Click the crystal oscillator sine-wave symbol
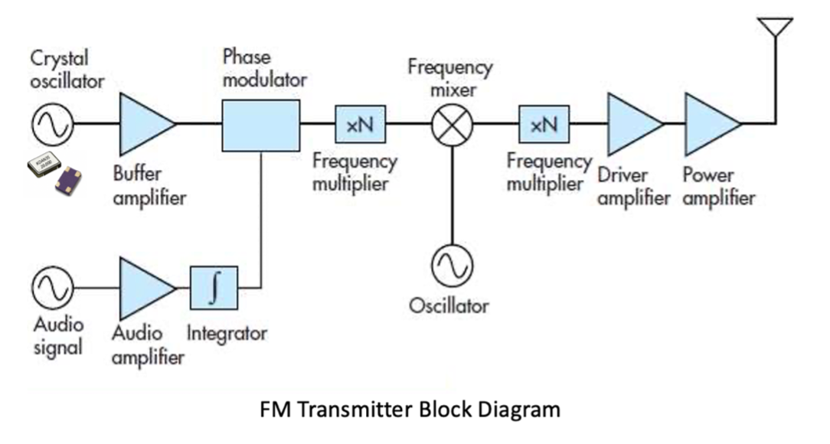pos(52,123)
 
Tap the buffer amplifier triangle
pos(143,123)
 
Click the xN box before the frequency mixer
pos(360,124)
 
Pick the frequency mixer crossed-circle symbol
pos(453,125)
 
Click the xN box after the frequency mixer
pos(544,124)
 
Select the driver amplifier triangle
pos(632,124)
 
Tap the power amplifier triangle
pos(709,124)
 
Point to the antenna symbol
pos(775,29)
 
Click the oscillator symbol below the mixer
pos(453,266)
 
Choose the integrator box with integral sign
pos(214,287)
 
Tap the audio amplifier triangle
pos(143,288)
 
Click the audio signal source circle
pos(52,288)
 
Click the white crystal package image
pos(44,164)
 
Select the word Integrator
pos(227,334)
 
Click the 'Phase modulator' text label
pos(264,67)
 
